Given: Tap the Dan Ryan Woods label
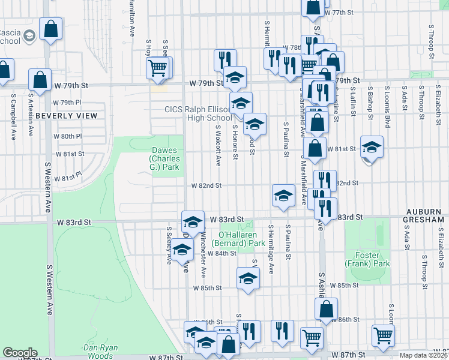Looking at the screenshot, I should point(100,351).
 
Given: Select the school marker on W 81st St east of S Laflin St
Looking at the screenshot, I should point(372,146).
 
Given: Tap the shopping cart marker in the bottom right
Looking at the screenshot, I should point(383,336).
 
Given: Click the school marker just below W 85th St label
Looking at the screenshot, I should point(247,278).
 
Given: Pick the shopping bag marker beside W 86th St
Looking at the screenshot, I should point(327,309).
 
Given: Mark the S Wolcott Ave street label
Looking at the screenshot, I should point(219,145).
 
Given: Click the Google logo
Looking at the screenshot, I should point(20,352).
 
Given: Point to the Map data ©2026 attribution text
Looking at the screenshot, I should point(423,355).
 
